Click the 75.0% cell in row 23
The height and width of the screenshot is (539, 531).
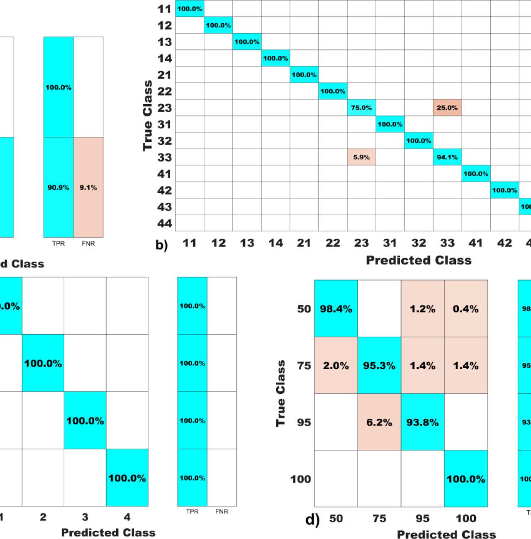(361, 108)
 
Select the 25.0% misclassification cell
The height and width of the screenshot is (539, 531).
(447, 108)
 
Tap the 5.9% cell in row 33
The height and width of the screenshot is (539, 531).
(361, 158)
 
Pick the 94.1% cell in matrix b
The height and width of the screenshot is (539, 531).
(447, 158)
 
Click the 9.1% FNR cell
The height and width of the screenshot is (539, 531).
(88, 187)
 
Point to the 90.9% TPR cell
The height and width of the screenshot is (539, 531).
(58, 187)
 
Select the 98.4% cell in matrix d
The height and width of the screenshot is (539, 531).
(336, 309)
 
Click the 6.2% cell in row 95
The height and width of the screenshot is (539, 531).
(379, 422)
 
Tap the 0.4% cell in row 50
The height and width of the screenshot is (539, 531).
(465, 309)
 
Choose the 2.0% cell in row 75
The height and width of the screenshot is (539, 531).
(336, 366)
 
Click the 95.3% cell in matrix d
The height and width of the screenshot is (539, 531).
(379, 366)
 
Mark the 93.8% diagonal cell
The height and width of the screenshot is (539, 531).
(422, 422)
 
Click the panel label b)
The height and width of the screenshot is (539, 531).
(162, 245)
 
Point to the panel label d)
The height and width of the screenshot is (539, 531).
(312, 520)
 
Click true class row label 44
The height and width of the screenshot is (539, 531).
(165, 224)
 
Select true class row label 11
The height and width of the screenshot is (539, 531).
(165, 9)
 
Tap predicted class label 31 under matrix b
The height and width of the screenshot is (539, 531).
(390, 243)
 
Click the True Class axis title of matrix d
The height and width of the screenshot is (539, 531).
(281, 393)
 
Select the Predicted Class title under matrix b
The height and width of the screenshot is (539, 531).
(419, 260)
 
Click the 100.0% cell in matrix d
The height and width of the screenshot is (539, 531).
(465, 479)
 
